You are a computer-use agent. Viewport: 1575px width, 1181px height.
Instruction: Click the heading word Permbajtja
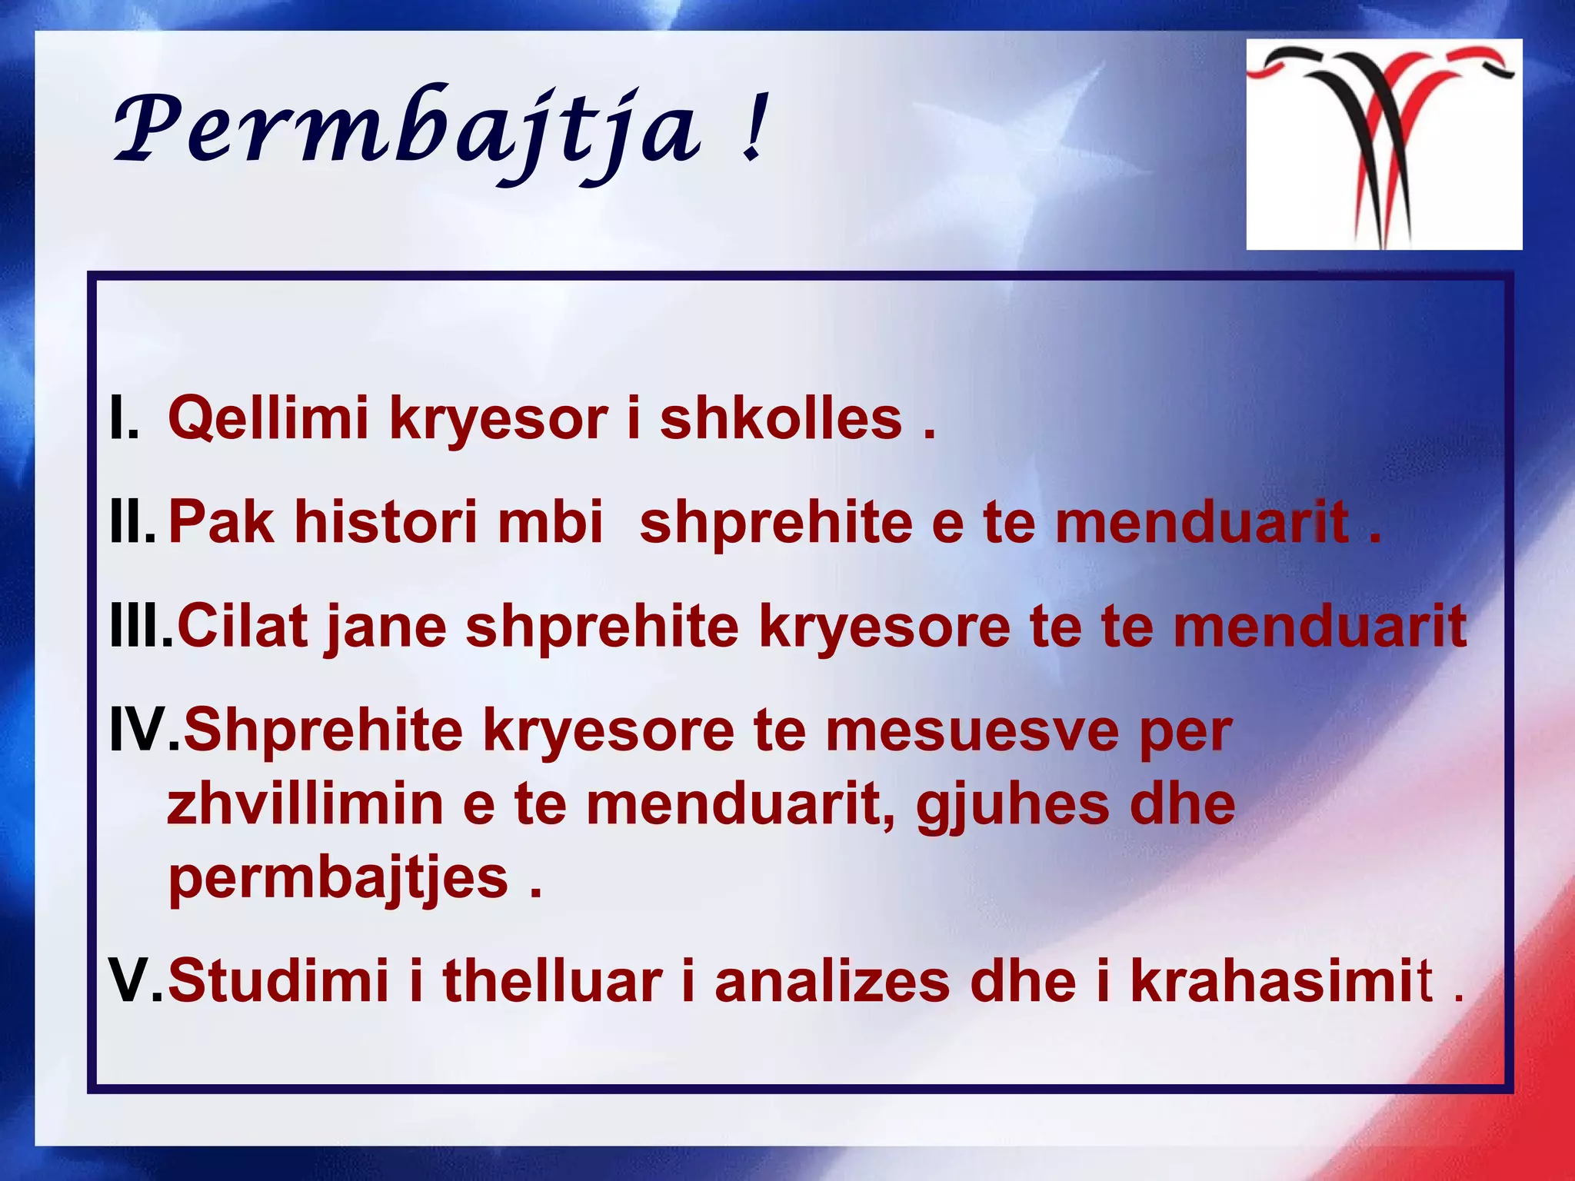(x=408, y=131)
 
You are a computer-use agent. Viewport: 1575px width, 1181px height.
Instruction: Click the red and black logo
(x=1384, y=144)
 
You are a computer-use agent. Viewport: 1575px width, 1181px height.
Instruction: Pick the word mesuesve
(x=972, y=732)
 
